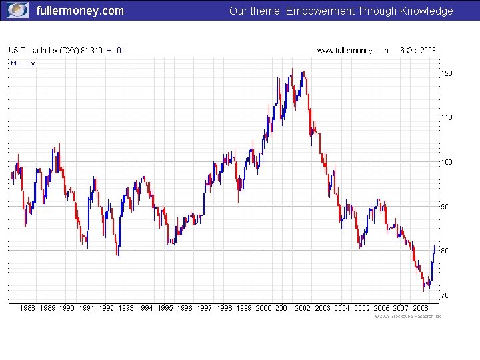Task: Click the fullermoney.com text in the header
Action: click(x=80, y=11)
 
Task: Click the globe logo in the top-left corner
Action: click(x=17, y=10)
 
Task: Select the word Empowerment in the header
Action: click(x=320, y=11)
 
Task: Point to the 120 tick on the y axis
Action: click(x=445, y=73)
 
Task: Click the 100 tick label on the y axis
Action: click(x=445, y=162)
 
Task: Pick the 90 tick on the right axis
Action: click(x=444, y=207)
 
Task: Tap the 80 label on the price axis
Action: click(x=444, y=251)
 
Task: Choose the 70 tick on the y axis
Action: click(x=444, y=295)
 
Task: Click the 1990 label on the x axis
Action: click(x=67, y=308)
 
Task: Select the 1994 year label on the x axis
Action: click(x=145, y=308)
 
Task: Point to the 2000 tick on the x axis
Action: click(x=263, y=308)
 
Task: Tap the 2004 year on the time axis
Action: click(x=342, y=308)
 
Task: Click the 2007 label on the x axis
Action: click(x=401, y=308)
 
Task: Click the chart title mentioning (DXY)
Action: click(x=66, y=50)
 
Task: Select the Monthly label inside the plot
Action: click(x=23, y=63)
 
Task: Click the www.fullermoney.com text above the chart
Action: click(x=352, y=50)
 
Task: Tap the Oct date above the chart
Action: click(x=418, y=50)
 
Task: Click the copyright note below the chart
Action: click(x=407, y=316)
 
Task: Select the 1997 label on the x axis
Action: click(x=205, y=308)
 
